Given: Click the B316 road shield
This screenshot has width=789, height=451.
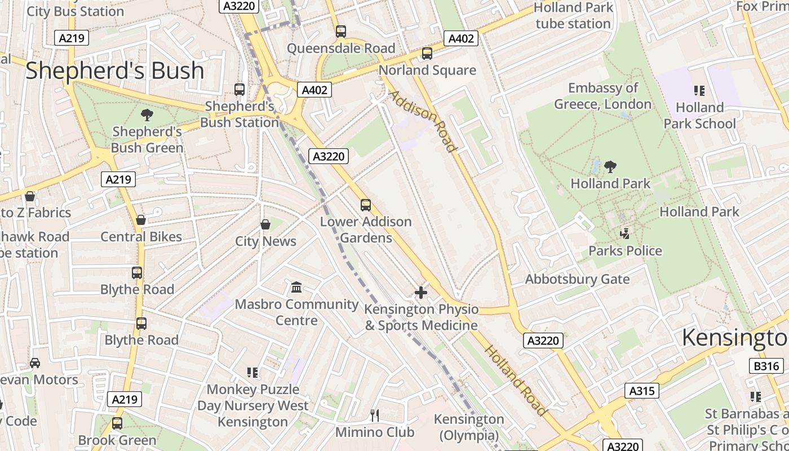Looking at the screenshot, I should pyautogui.click(x=767, y=366).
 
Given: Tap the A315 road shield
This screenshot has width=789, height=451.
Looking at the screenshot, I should pyautogui.click(x=642, y=391).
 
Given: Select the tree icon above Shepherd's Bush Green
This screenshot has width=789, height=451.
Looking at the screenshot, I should pyautogui.click(x=147, y=116).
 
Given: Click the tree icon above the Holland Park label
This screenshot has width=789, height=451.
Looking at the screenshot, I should pyautogui.click(x=610, y=167).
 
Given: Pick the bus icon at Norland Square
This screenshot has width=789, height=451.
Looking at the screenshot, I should pyautogui.click(x=427, y=54).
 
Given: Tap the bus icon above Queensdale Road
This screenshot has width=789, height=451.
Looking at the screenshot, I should pyautogui.click(x=340, y=32).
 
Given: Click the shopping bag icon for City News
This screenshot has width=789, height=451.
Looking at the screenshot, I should pyautogui.click(x=265, y=225).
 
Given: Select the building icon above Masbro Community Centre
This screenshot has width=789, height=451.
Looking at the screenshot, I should pyautogui.click(x=296, y=288).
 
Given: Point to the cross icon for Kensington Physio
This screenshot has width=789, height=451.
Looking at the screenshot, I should pyautogui.click(x=421, y=293).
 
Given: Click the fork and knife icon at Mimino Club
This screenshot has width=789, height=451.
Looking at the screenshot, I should pyautogui.click(x=375, y=415).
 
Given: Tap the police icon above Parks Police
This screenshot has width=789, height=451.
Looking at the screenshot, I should pyautogui.click(x=624, y=233).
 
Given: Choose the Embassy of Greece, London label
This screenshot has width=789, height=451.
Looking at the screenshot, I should pyautogui.click(x=602, y=96).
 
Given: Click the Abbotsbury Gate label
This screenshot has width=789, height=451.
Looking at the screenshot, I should pyautogui.click(x=577, y=279).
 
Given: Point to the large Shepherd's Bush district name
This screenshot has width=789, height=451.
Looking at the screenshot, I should pyautogui.click(x=115, y=71).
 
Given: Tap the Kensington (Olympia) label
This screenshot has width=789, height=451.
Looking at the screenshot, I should pyautogui.click(x=468, y=427).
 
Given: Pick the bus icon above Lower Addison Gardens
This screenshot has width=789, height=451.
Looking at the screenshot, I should pyautogui.click(x=366, y=205).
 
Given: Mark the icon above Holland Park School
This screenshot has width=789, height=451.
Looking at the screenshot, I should pyautogui.click(x=699, y=91).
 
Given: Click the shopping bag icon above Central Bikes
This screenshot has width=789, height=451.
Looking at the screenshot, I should pyautogui.click(x=141, y=220).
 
